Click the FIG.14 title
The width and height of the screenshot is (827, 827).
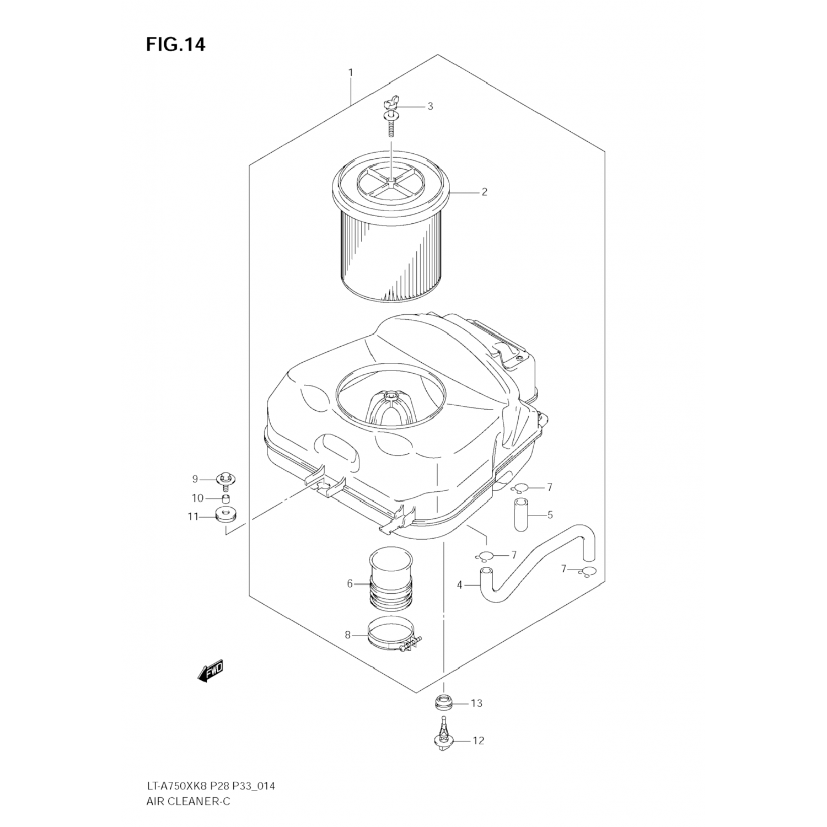coord(175,44)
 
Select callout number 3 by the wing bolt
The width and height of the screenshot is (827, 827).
coord(430,106)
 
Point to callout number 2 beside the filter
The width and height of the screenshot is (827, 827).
coord(484,192)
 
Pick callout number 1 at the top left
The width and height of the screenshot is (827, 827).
coord(350,72)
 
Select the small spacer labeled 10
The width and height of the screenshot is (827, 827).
coord(225,499)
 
